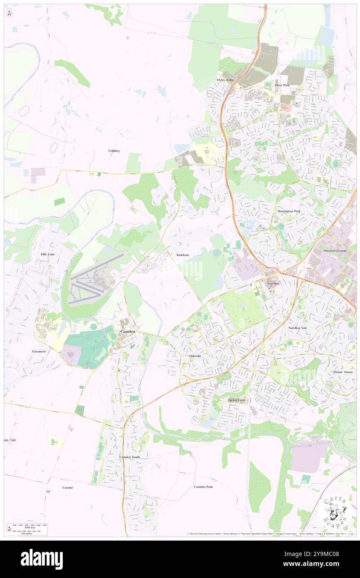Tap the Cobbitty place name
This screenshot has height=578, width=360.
[114, 151]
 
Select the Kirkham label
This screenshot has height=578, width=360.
[183, 254]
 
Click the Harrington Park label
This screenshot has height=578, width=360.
[289, 211]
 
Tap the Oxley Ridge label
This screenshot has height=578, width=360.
[226, 79]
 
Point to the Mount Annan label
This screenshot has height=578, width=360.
[343, 372]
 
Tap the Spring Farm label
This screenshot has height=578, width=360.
[237, 400]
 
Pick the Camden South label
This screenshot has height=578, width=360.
[130, 457]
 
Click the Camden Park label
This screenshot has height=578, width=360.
[203, 487]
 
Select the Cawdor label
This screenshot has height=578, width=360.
[68, 487]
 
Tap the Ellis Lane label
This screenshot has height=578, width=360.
[48, 254]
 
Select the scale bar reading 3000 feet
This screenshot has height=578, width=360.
[28, 527]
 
